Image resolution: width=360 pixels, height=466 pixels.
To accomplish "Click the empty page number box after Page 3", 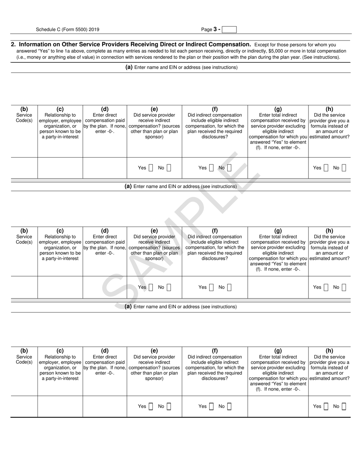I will (x=229, y=30).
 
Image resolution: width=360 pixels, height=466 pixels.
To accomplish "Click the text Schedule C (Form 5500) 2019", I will (x=68, y=30).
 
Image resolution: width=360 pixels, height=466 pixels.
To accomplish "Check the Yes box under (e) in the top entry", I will (x=151, y=168).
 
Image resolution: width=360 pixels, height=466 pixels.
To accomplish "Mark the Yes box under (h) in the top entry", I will (x=326, y=168).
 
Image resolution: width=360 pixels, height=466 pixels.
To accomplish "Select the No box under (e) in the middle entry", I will (x=169, y=287).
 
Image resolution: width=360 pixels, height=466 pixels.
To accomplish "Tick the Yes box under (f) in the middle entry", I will (x=211, y=287).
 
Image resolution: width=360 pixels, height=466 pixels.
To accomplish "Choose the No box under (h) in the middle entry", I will (x=344, y=287).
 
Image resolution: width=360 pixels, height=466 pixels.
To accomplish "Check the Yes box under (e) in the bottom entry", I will (x=151, y=407).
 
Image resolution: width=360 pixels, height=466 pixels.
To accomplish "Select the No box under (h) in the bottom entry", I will (x=344, y=407).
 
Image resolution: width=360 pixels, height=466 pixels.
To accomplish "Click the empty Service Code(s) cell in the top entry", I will (x=24, y=168).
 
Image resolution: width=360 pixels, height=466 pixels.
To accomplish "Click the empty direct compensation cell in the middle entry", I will (x=105, y=287).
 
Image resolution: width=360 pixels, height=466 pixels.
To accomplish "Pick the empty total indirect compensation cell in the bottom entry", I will (x=278, y=407).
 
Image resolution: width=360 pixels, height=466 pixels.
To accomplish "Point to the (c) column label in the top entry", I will (x=60, y=109).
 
